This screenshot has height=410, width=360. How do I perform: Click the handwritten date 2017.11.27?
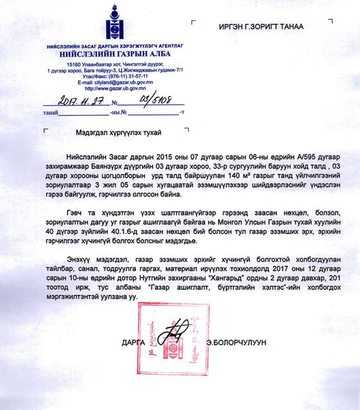tap(78, 101)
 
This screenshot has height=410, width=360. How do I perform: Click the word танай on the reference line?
tap(50, 113)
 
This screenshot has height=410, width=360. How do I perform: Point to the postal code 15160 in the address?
tap(76, 64)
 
